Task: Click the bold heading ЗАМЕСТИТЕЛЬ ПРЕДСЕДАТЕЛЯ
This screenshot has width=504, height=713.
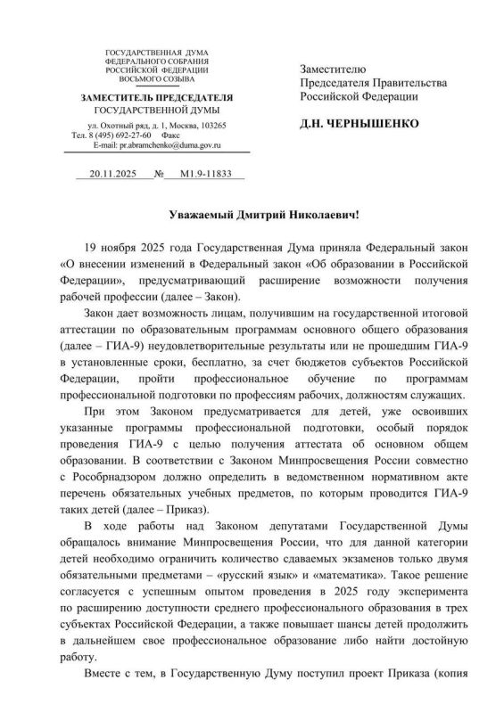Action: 157,96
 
